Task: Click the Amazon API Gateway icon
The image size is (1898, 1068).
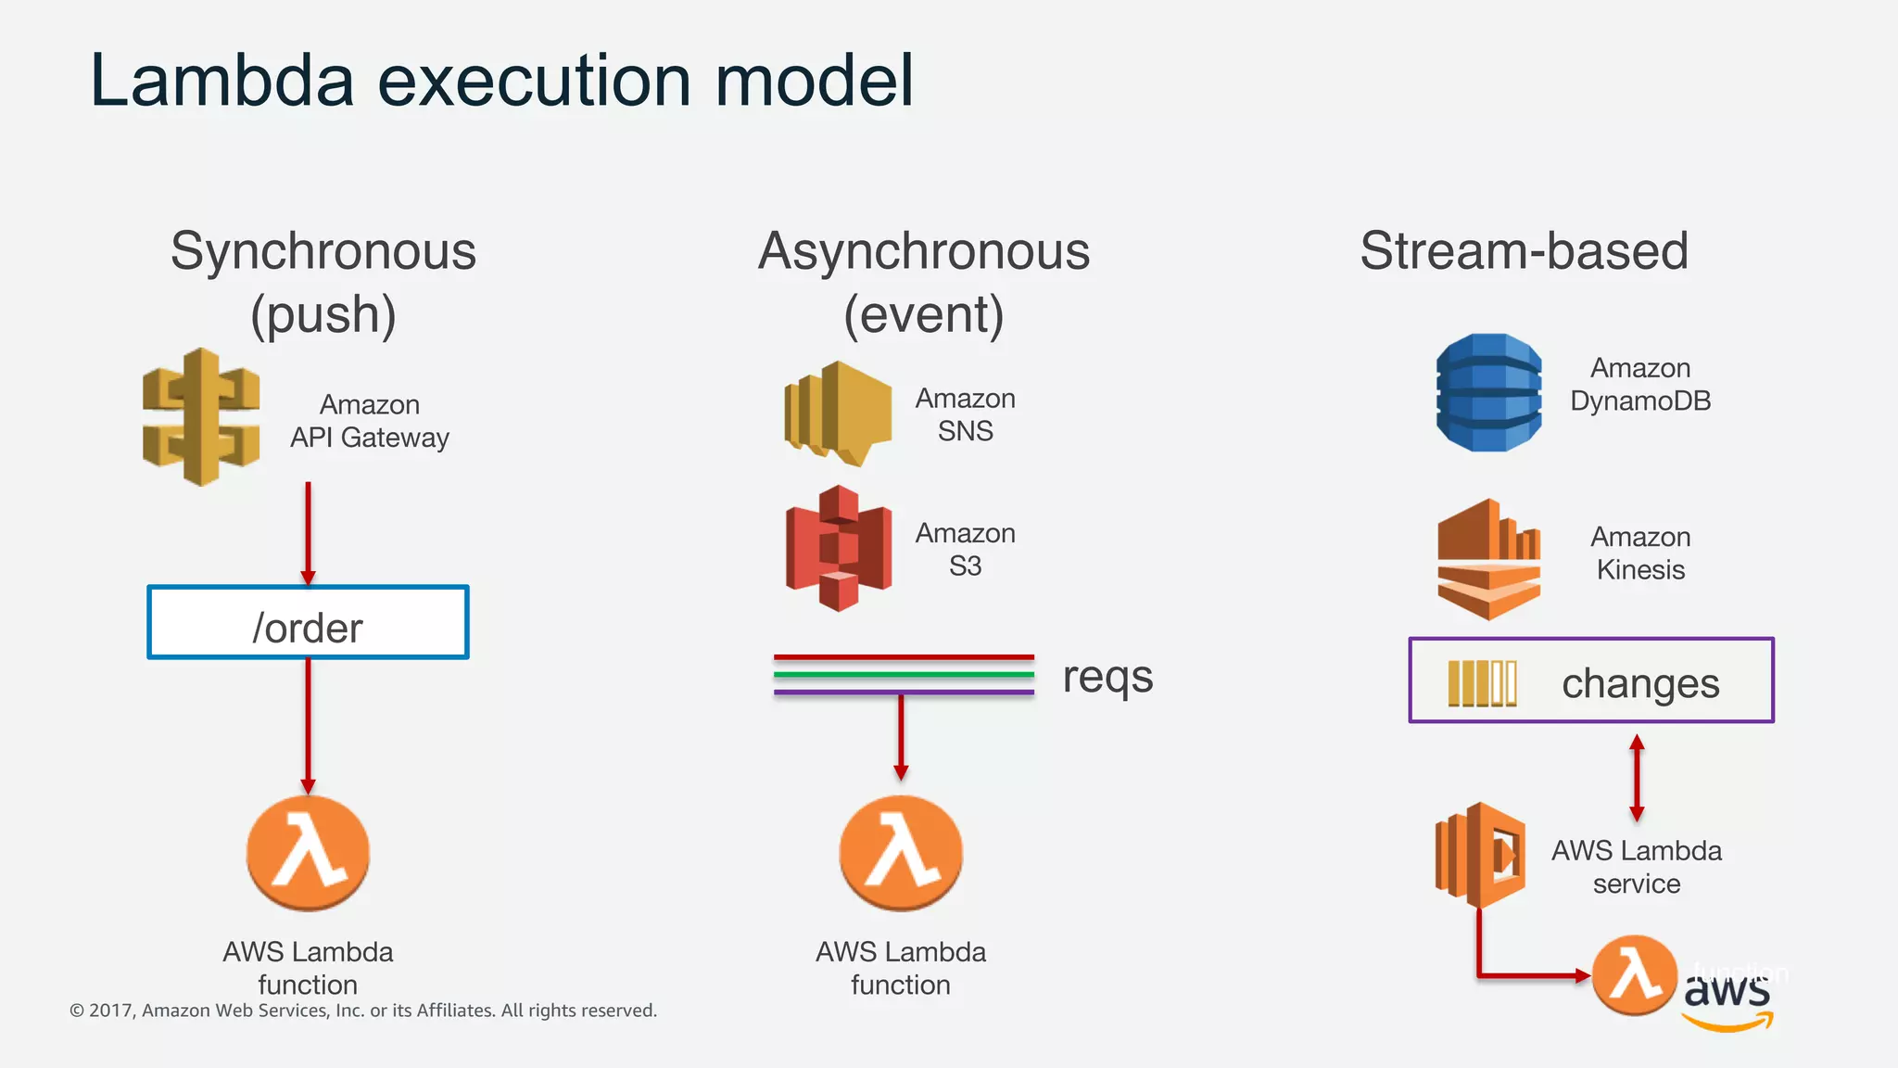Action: click(201, 417)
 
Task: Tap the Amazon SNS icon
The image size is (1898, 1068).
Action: click(837, 413)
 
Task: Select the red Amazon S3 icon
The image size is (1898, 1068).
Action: click(839, 548)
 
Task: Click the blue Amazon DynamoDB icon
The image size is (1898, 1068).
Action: click(1488, 393)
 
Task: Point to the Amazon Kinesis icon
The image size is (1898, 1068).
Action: click(1488, 559)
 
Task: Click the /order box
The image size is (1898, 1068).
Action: click(308, 623)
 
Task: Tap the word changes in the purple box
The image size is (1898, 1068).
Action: click(1639, 684)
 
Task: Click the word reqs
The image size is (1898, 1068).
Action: click(1107, 677)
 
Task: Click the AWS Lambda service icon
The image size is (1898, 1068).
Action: click(1480, 855)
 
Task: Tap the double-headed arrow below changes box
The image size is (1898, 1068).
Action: click(1637, 779)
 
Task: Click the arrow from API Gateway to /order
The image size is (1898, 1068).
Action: click(308, 533)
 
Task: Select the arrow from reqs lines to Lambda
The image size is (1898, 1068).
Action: click(900, 737)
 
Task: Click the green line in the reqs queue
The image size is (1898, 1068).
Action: click(904, 674)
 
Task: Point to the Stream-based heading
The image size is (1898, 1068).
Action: click(1524, 251)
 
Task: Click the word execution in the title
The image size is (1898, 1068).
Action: click(534, 82)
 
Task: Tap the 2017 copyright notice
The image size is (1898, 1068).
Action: click(363, 1011)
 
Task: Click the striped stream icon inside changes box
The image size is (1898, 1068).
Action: click(1482, 684)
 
